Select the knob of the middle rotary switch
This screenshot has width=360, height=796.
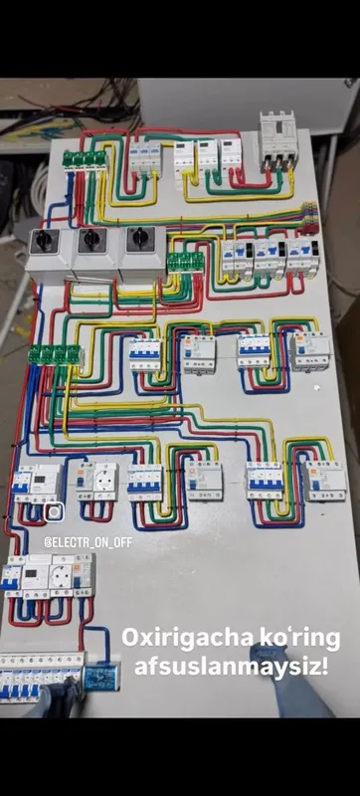[x=91, y=239]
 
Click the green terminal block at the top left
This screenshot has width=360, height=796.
[x=85, y=160]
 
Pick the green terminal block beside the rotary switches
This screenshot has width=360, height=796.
[x=186, y=263]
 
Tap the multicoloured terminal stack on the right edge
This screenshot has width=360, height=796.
[x=309, y=218]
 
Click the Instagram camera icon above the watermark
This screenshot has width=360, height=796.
[x=54, y=511]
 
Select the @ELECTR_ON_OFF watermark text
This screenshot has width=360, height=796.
[x=89, y=542]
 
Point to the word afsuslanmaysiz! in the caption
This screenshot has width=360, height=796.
[x=231, y=666]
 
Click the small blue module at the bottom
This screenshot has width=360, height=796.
[x=101, y=678]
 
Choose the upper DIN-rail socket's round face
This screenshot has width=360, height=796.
[x=104, y=481]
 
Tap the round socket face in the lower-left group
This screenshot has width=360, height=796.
[x=61, y=574]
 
